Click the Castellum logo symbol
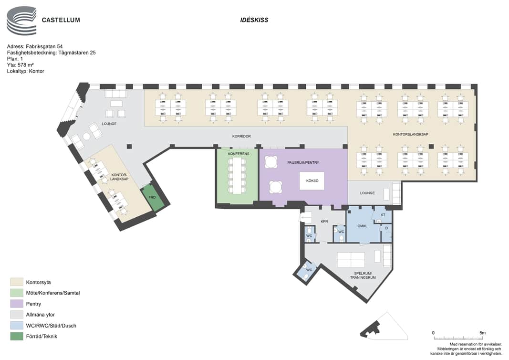(21, 21)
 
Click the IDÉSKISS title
(254, 20)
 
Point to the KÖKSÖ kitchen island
(312, 180)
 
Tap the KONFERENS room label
(239, 154)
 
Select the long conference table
(237, 176)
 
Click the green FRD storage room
(152, 198)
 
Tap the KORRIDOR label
(241, 137)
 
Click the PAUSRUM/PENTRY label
(303, 162)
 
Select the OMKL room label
(363, 226)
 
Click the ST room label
(383, 215)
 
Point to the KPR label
(324, 222)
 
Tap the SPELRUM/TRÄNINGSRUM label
(363, 275)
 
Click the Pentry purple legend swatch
(17, 304)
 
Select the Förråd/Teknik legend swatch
(17, 336)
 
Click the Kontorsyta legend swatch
(17, 282)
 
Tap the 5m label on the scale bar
(482, 333)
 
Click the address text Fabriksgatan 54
(44, 46)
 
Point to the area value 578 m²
(26, 65)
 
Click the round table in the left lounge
(86, 137)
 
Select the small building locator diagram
(384, 327)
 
